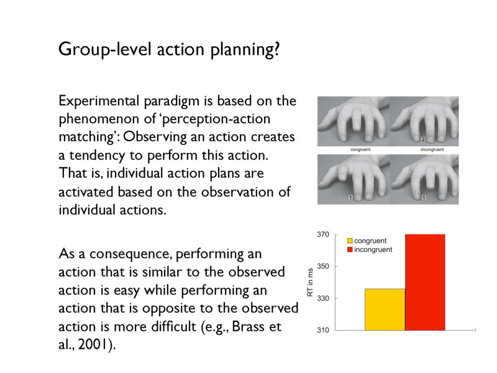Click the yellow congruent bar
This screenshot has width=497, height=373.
[x=385, y=309]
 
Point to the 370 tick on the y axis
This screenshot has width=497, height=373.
[x=323, y=235]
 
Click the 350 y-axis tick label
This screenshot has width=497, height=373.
[x=323, y=267]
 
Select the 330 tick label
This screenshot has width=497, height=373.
[x=323, y=299]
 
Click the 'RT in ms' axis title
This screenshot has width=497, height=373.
[x=311, y=282]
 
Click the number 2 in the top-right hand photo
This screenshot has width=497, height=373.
[x=422, y=139]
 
